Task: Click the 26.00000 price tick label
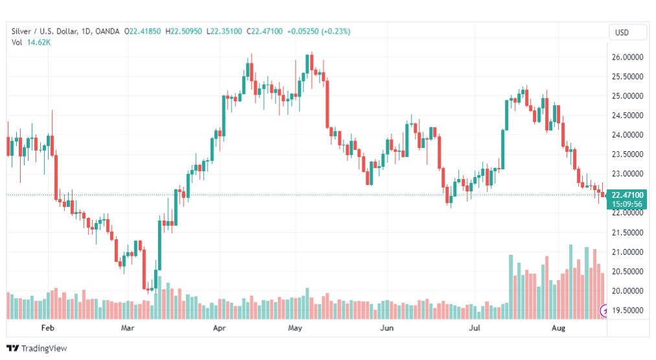point(627,57)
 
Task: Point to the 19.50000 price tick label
point(627,310)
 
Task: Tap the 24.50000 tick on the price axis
point(627,115)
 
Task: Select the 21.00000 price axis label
point(627,252)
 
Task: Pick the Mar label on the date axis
point(127,329)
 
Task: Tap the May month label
point(296,329)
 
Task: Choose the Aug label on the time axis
point(558,329)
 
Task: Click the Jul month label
point(475,329)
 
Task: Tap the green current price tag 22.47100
point(627,195)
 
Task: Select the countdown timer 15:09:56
point(627,204)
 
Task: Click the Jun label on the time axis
point(386,329)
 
